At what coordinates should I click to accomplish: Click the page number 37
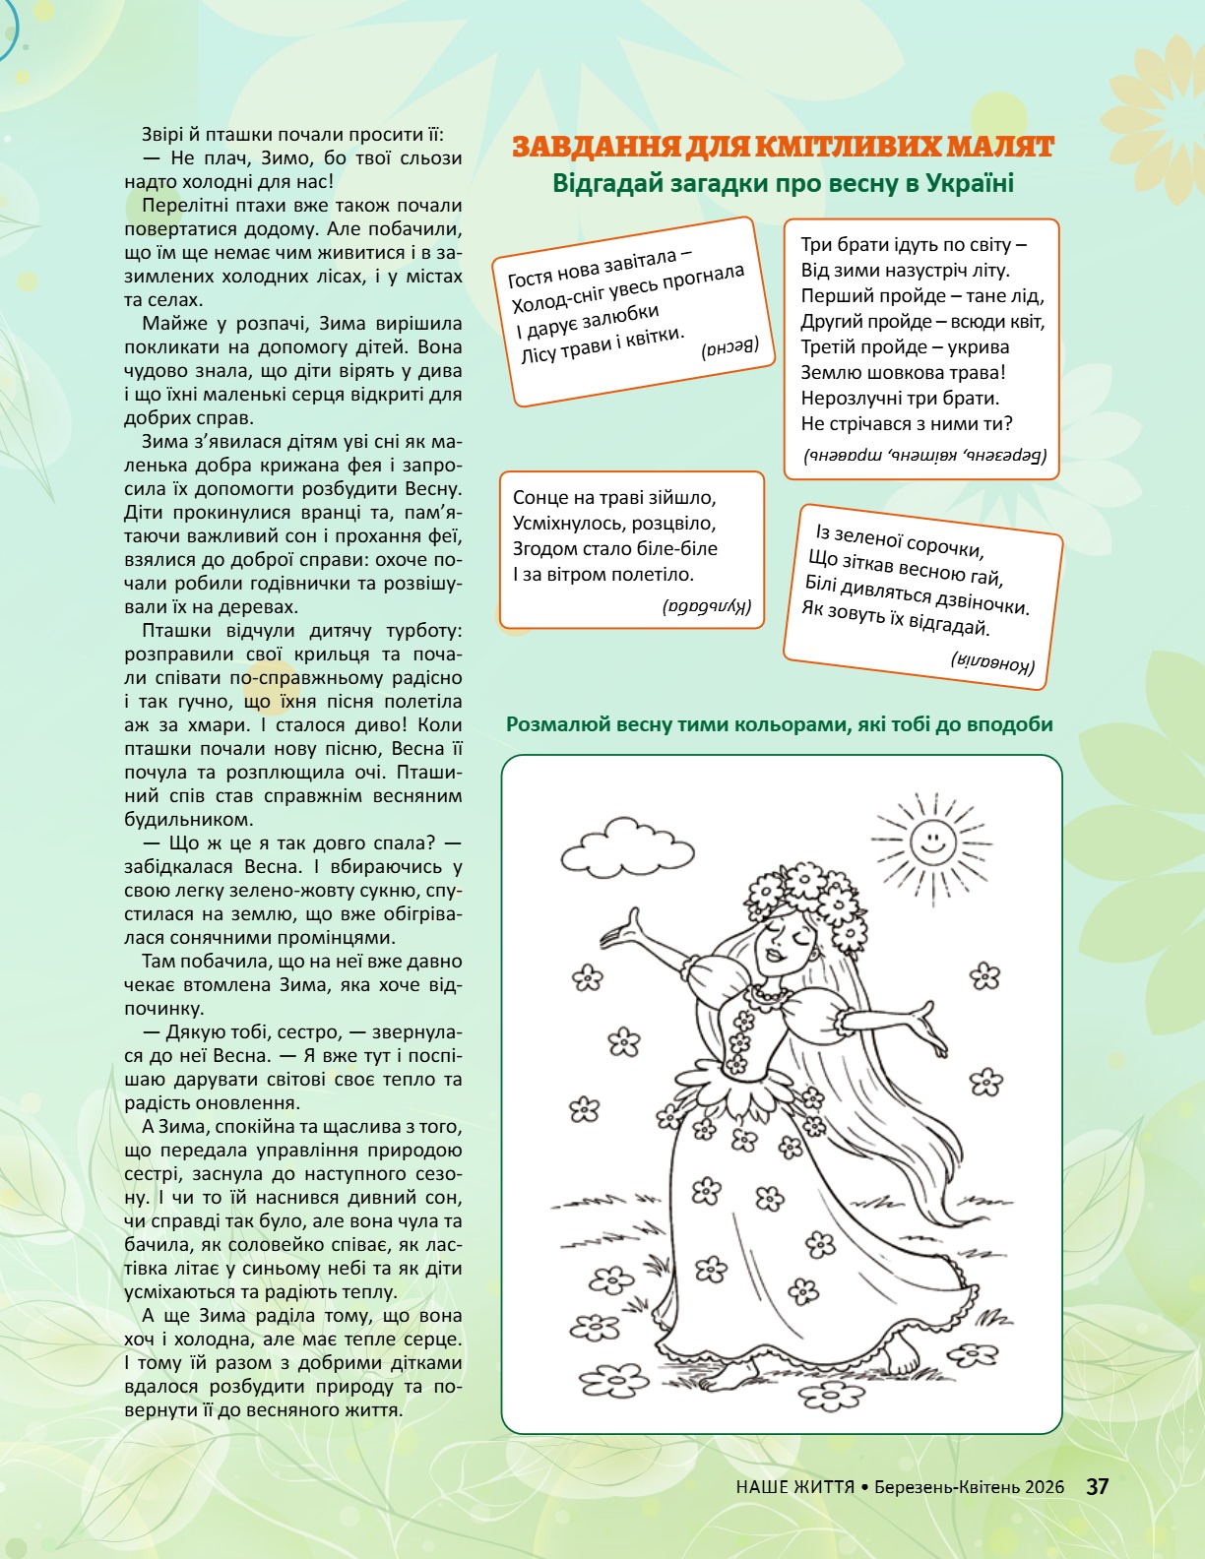pos(1098,1486)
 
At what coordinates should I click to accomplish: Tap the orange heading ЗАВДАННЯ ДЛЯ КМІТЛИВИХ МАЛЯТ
pos(784,148)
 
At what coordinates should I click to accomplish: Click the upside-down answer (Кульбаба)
pos(707,608)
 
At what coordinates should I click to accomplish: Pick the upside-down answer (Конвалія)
pos(992,662)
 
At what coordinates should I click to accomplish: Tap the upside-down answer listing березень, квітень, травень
pos(925,456)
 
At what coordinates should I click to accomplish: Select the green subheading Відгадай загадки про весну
pos(783,184)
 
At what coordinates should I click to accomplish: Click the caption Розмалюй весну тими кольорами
pos(779,724)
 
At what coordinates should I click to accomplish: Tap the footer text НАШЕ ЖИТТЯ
pos(794,1486)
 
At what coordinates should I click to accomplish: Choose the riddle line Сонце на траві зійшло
pos(614,498)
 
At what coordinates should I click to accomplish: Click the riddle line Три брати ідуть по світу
pos(914,245)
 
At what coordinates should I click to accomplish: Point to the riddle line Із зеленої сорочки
pos(899,540)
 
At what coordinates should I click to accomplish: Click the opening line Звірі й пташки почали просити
pos(292,135)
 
